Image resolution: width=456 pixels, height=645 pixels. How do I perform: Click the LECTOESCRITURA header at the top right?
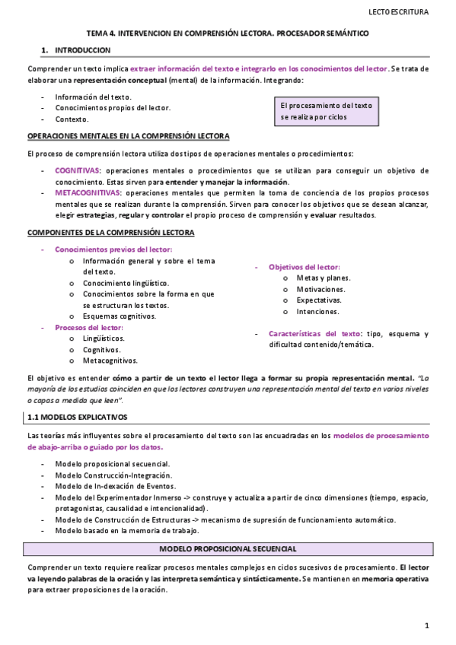[x=398, y=11]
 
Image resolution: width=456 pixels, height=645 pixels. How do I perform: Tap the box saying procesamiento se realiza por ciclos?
[x=326, y=111]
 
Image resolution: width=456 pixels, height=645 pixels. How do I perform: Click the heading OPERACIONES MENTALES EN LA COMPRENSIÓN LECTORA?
[x=128, y=135]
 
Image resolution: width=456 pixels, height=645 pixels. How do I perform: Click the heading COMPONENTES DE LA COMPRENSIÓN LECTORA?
[x=110, y=232]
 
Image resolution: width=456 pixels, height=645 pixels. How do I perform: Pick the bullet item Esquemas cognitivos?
[x=119, y=316]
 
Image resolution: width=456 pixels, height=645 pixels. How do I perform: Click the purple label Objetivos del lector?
[x=304, y=267]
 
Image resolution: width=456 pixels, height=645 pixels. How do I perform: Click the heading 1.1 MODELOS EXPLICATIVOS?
[x=78, y=418]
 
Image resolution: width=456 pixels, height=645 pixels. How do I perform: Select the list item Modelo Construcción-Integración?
[x=113, y=475]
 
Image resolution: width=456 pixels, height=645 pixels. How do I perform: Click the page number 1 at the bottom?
[x=428, y=625]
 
